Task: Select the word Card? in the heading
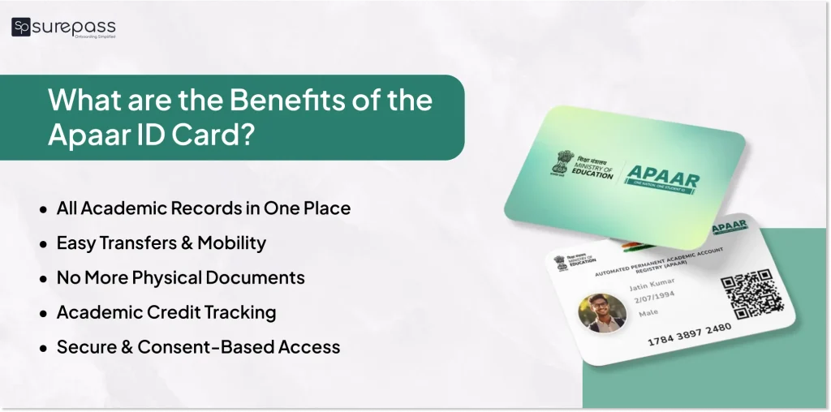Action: [x=220, y=135]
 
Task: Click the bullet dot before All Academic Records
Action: [x=43, y=209]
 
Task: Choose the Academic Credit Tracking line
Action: [x=166, y=312]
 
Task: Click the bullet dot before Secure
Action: [x=43, y=348]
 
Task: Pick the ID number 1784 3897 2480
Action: [x=689, y=333]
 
